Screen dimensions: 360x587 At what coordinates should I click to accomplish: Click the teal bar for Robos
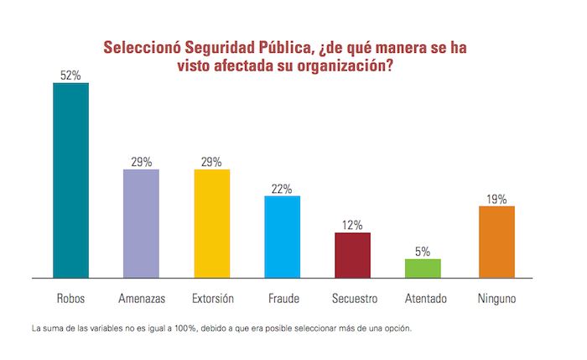tap(70, 180)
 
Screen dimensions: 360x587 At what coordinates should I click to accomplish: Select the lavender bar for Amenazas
tap(141, 223)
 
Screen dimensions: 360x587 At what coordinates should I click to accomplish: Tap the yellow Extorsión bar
tap(211, 223)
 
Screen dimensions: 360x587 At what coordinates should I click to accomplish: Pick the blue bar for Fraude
tap(282, 236)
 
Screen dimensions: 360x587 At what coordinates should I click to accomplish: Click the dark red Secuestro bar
tap(352, 254)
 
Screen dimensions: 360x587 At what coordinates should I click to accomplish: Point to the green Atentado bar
tap(423, 268)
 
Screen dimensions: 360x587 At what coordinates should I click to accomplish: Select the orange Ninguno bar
tap(496, 241)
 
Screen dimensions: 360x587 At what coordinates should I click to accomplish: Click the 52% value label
tap(70, 76)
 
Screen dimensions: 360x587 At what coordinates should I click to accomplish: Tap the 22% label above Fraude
tap(282, 189)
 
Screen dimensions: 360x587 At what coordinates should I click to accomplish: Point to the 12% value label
tap(352, 225)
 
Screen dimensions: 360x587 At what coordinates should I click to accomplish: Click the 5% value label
tap(423, 251)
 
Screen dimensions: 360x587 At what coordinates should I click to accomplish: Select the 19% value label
tap(496, 199)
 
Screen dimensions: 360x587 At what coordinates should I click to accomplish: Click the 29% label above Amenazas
tap(141, 162)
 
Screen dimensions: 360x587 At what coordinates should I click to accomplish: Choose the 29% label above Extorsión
tap(211, 162)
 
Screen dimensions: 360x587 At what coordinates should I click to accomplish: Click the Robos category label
tap(70, 298)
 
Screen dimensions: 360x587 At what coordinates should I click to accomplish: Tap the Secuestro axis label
tap(352, 298)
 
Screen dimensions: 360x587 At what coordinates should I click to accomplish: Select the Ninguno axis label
tap(496, 298)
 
